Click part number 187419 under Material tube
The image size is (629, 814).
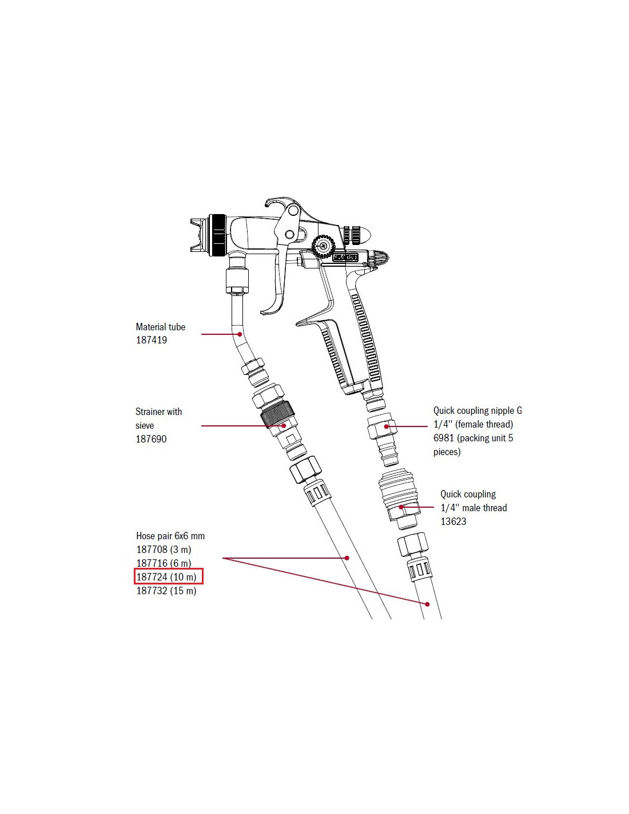[152, 340]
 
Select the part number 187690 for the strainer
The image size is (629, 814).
[151, 439]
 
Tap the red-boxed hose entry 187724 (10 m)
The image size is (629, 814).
[166, 577]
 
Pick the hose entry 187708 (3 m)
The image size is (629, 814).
[164, 550]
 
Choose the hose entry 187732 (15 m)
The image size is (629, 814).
[166, 591]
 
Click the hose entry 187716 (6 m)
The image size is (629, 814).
[164, 563]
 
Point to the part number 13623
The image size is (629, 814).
[453, 521]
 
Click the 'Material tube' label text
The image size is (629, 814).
[161, 327]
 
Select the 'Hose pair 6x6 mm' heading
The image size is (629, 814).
[170, 536]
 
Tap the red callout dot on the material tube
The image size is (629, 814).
[240, 334]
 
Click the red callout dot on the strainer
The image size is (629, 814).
[284, 426]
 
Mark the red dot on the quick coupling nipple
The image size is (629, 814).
[387, 426]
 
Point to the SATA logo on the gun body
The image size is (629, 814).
[346, 258]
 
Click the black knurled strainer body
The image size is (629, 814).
[277, 414]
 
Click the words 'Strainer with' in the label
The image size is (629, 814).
[158, 412]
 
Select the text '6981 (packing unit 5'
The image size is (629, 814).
[473, 438]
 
